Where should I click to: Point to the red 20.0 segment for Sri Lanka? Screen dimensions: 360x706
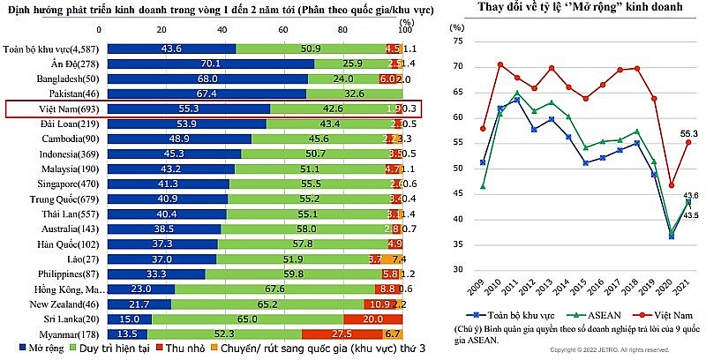pos(372,319)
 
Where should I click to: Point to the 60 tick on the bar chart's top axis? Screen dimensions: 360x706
pos(282,28)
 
